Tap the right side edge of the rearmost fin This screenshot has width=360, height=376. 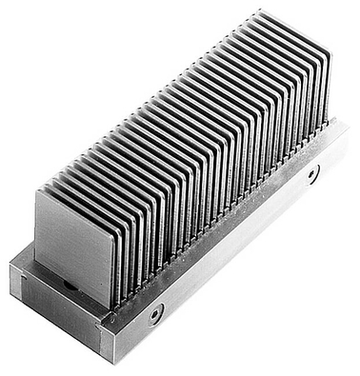(x=329, y=86)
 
